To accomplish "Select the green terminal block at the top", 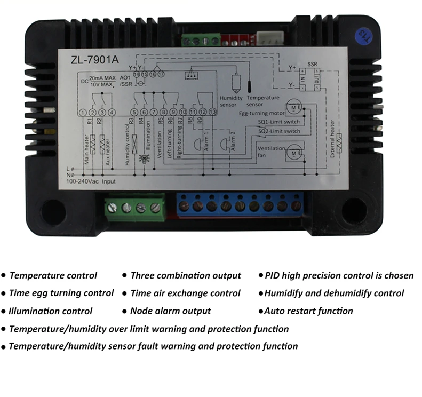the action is (200, 41).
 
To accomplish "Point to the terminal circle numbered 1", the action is (83, 112).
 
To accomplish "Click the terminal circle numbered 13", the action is (213, 112).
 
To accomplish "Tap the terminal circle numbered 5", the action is (134, 112).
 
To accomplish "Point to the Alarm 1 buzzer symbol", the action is (198, 145).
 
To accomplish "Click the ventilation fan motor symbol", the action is (293, 153).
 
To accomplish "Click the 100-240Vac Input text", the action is (90, 182).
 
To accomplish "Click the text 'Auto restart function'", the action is (308, 311).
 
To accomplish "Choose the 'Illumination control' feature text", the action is (51, 311).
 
